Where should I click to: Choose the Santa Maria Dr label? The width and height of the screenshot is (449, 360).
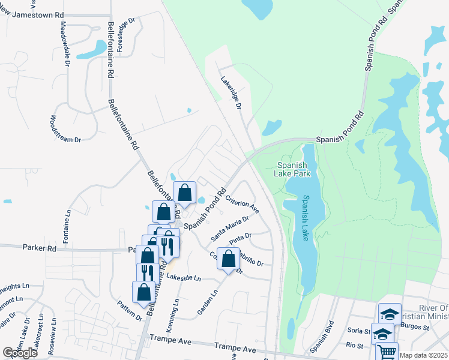[x=229, y=228]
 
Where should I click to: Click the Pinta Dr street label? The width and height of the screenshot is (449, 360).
[x=241, y=239]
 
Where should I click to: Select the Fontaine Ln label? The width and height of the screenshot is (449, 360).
[x=68, y=221]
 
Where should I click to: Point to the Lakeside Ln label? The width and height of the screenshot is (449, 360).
[x=183, y=278]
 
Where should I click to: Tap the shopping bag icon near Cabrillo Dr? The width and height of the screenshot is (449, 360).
[x=228, y=259]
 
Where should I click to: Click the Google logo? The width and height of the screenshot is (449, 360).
[x=20, y=353]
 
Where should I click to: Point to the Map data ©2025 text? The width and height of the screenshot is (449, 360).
[x=424, y=355]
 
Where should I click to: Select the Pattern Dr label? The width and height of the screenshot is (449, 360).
[x=130, y=310]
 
